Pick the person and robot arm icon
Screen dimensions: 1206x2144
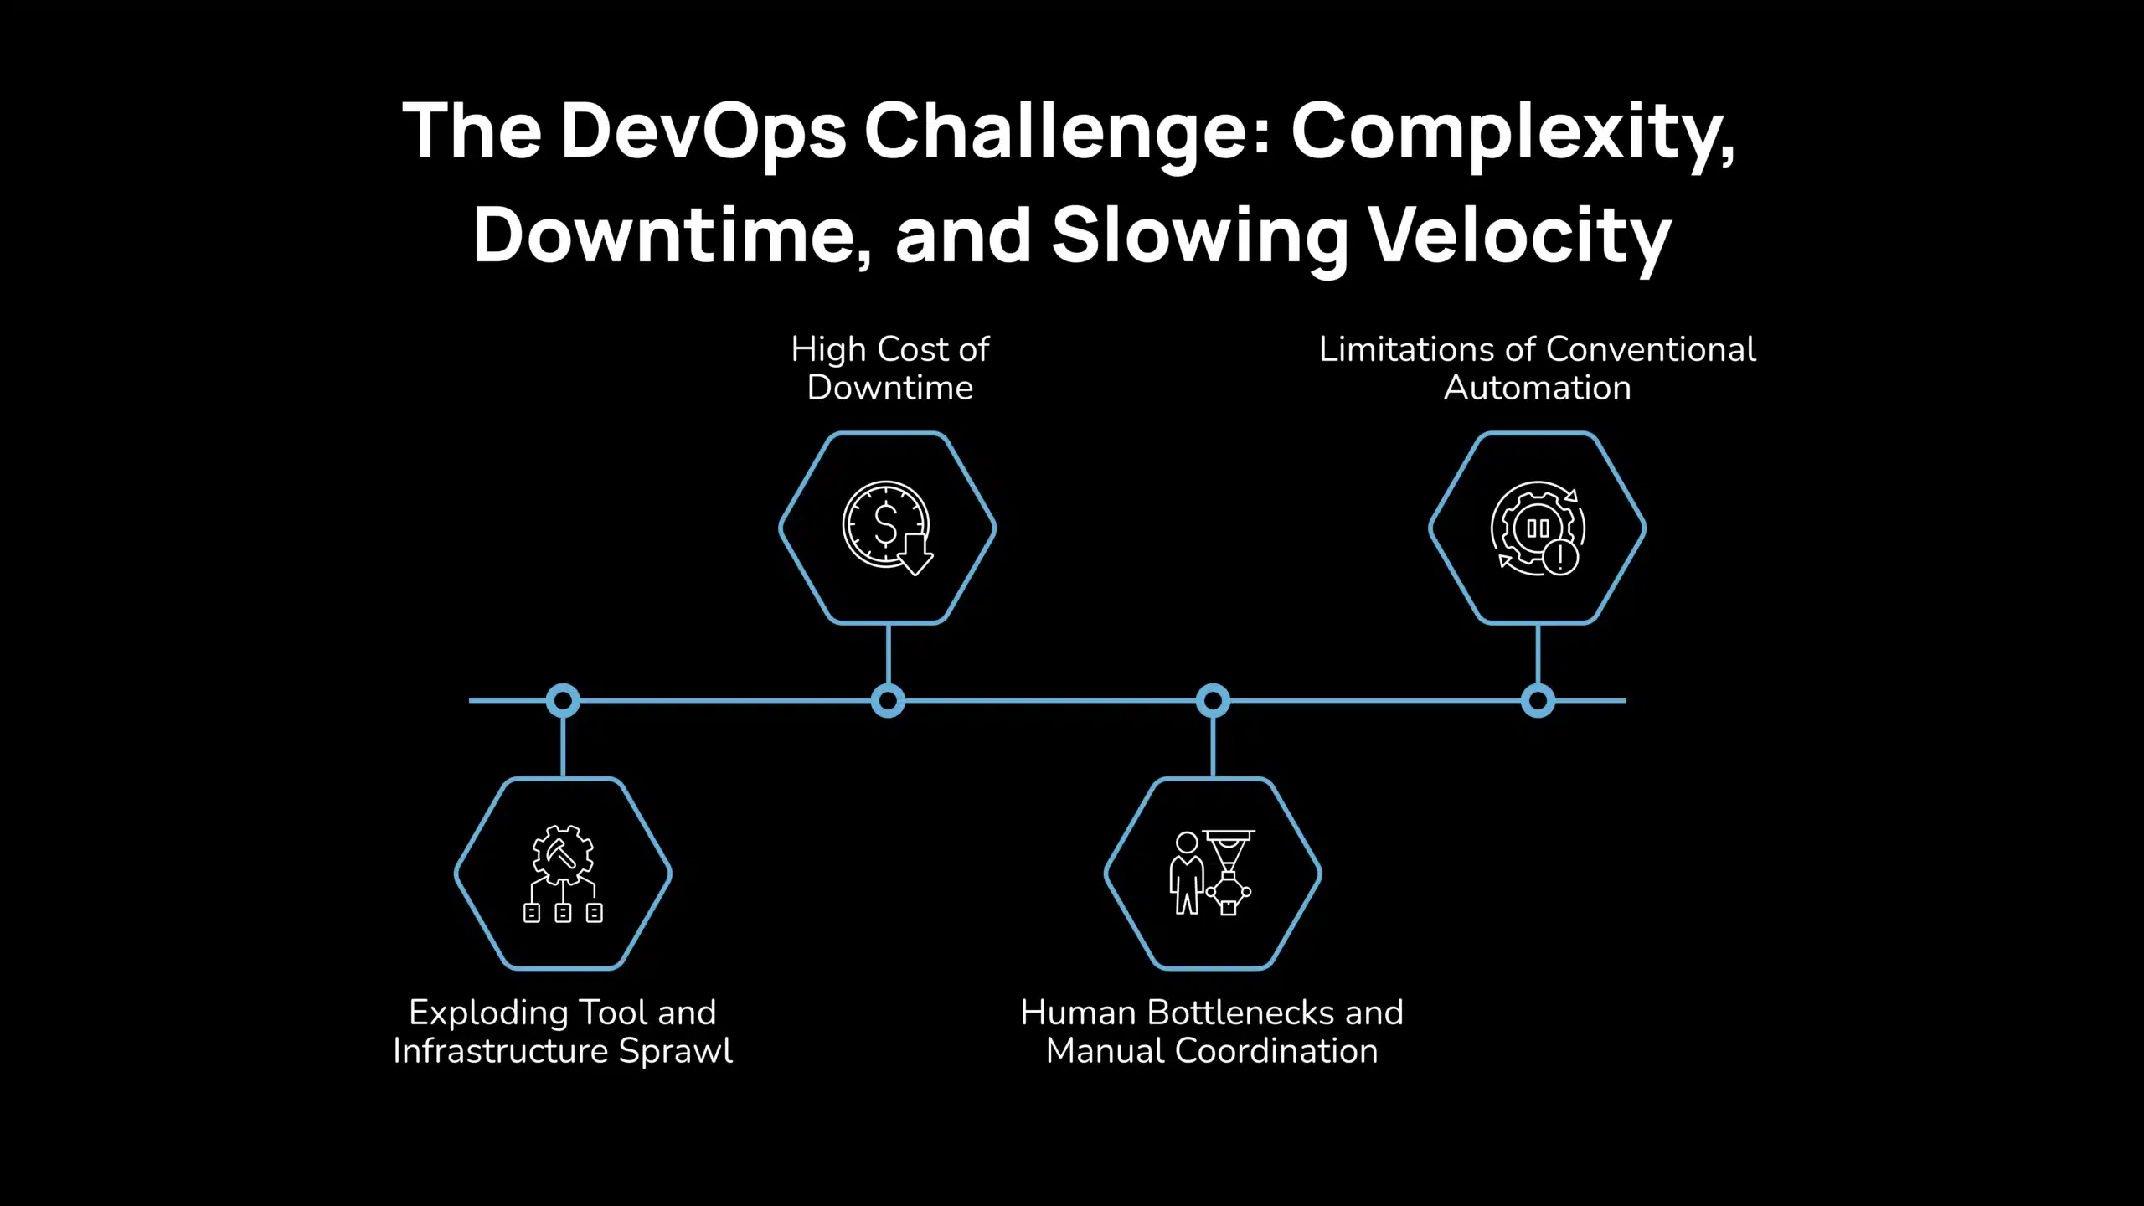click(x=1212, y=873)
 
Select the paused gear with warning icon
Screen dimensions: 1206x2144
click(x=1537, y=528)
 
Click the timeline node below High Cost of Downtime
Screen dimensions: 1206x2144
click(x=888, y=700)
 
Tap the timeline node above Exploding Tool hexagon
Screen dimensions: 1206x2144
click(x=563, y=700)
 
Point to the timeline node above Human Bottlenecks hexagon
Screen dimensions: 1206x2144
click(x=1213, y=700)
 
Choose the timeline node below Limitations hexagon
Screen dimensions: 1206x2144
click(x=1538, y=700)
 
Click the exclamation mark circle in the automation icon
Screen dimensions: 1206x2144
click(x=1560, y=557)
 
